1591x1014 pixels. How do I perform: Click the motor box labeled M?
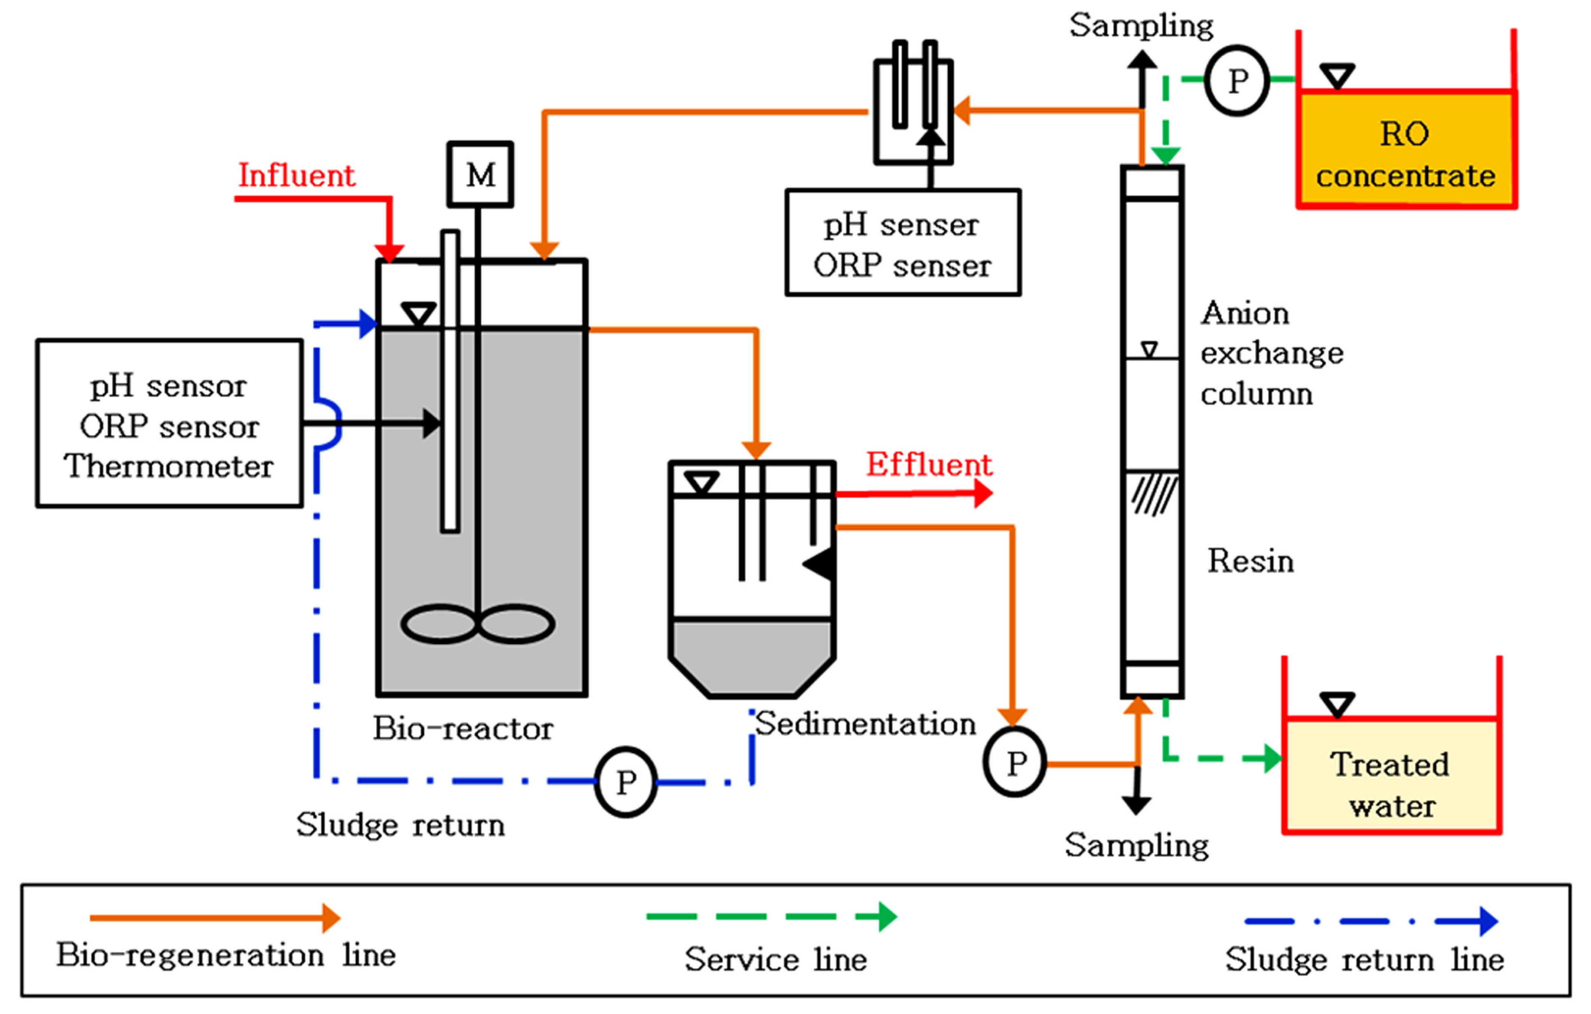coord(480,175)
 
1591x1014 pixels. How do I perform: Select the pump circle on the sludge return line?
coord(625,782)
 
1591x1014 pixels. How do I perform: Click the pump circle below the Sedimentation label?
coord(1015,762)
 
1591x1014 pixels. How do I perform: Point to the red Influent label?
coord(296,176)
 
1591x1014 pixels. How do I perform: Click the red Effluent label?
coord(928,465)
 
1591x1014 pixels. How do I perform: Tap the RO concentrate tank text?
coord(1405,155)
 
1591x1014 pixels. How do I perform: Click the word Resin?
coord(1250,561)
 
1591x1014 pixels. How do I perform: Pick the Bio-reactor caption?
coord(463,728)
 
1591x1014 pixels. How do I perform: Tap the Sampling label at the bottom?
coord(1136,845)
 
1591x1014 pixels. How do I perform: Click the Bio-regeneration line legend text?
coord(226,955)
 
